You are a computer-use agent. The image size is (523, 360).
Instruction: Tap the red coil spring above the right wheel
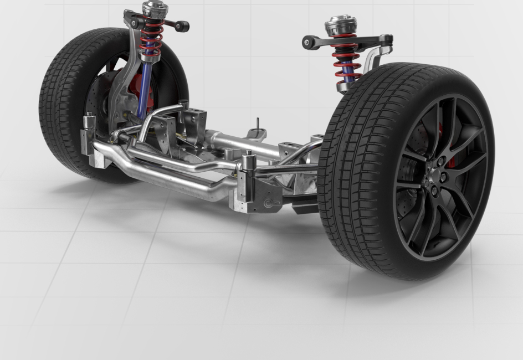click(346, 61)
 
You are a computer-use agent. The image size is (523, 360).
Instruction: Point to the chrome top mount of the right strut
click(340, 25)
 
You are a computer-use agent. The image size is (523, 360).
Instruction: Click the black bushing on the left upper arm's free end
click(182, 26)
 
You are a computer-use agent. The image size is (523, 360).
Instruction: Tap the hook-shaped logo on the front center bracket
click(269, 203)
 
